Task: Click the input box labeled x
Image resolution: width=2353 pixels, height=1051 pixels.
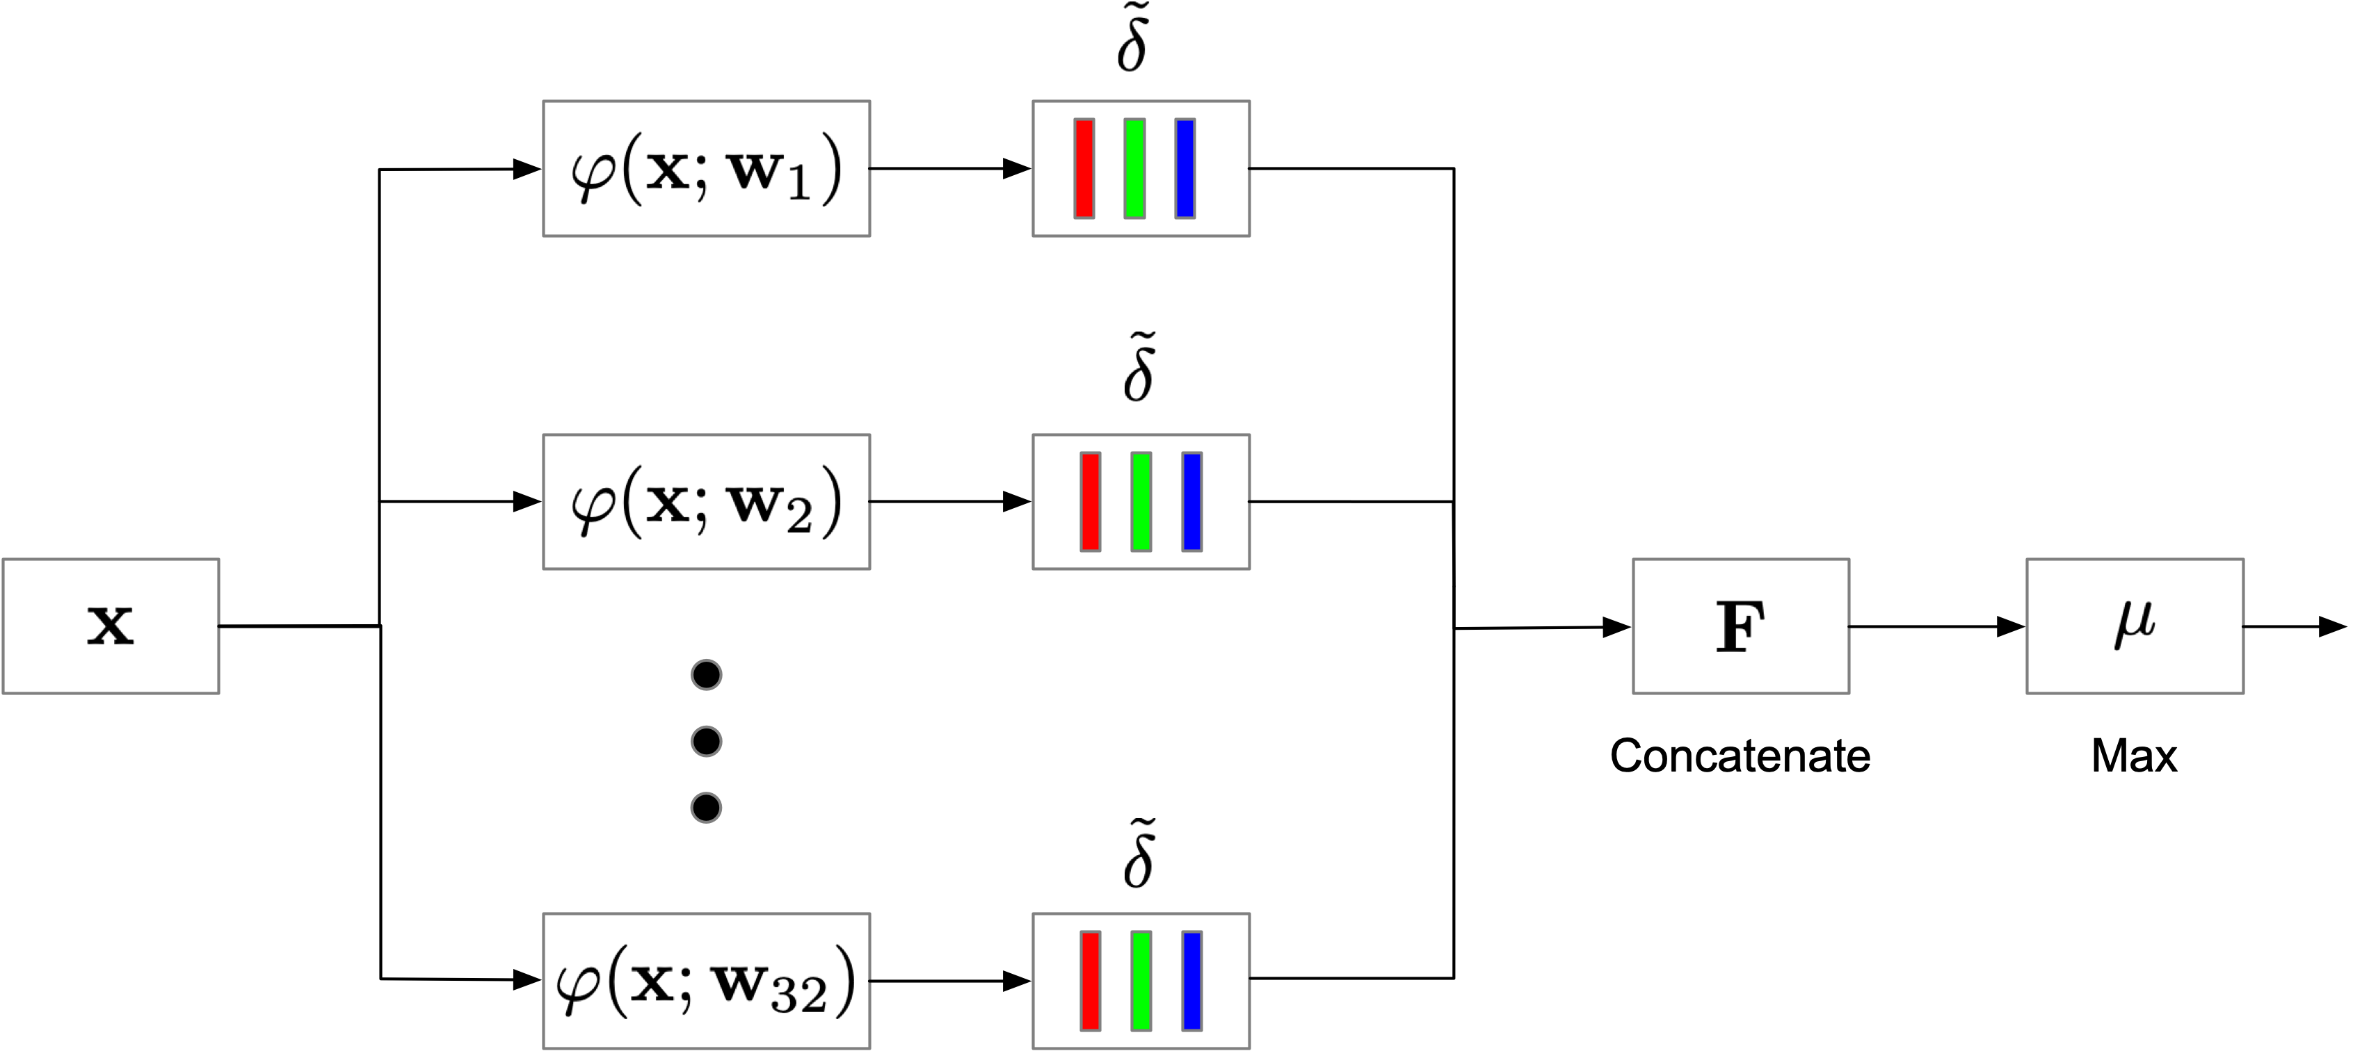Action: click(111, 626)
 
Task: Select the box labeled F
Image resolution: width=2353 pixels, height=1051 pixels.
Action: click(1741, 626)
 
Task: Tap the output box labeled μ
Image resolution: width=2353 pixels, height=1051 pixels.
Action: click(2135, 626)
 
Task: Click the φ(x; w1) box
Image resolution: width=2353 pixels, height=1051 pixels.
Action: click(706, 169)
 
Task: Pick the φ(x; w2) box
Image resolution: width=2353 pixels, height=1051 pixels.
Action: click(706, 503)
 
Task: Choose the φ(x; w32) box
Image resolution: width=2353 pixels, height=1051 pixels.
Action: click(706, 981)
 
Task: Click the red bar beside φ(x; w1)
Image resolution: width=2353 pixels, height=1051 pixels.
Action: click(1084, 169)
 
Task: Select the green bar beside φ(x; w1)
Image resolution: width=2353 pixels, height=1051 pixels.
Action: click(1134, 169)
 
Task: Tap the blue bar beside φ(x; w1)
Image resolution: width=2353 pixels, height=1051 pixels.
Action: click(1184, 169)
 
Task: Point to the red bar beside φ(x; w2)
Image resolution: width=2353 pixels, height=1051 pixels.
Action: click(1091, 503)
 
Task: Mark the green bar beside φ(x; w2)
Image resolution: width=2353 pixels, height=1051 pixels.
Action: click(1141, 503)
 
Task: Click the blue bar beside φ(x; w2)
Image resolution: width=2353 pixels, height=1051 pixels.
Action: click(1192, 503)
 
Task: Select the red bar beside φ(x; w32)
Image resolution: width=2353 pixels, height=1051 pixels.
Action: click(1091, 981)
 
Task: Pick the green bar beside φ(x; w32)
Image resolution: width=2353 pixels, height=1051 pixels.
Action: click(1141, 981)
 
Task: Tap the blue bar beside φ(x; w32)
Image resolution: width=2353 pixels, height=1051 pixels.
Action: click(1192, 981)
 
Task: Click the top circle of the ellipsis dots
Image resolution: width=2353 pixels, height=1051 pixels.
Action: click(706, 675)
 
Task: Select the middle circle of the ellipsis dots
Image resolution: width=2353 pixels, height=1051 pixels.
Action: click(706, 742)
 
